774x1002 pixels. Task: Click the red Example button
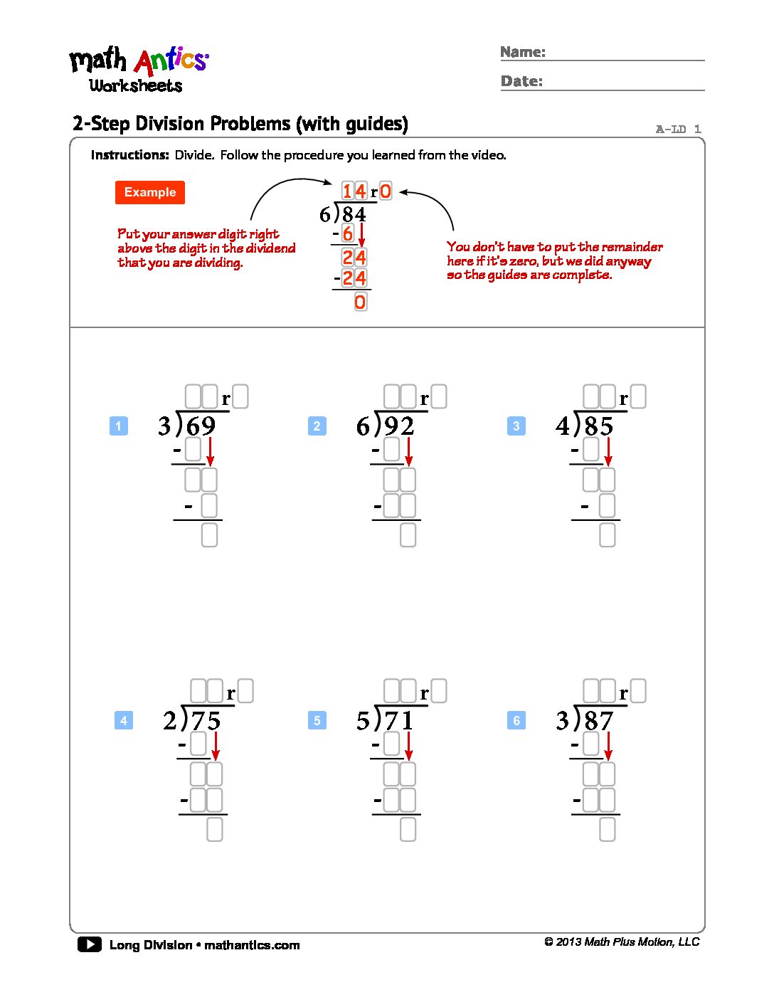coord(149,192)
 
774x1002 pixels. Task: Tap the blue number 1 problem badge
coord(118,426)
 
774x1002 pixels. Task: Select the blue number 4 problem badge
coord(123,720)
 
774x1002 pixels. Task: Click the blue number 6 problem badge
coord(516,720)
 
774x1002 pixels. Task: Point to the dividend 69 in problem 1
coord(201,426)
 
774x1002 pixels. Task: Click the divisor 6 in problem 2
coord(363,426)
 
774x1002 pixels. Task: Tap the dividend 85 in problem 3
coord(599,426)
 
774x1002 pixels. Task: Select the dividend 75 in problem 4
coord(206,721)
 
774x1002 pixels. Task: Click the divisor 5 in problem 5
coord(363,721)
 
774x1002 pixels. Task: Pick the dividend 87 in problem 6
coord(599,721)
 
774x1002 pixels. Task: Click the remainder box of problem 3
coord(638,396)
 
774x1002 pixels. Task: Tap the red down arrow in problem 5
coord(408,746)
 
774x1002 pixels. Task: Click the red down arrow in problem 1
coord(210,452)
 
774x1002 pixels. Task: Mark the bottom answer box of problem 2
coord(408,534)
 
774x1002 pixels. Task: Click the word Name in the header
coord(522,52)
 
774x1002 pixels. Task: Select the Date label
coord(521,81)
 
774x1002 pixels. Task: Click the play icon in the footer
coord(90,944)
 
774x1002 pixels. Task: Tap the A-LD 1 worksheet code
coord(678,130)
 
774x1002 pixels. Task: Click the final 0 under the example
coord(360,302)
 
